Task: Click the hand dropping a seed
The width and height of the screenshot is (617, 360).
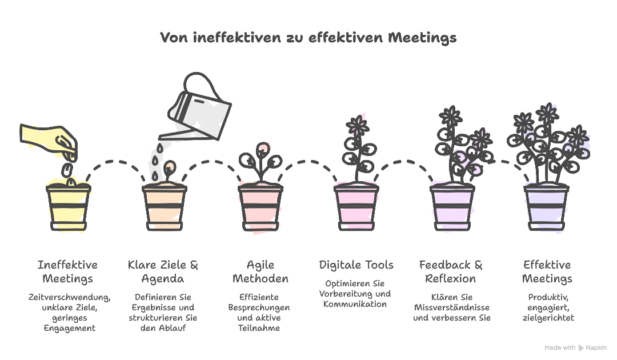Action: click(49, 142)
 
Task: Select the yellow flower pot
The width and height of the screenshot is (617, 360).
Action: click(69, 207)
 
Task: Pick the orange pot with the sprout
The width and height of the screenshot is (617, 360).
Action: click(165, 207)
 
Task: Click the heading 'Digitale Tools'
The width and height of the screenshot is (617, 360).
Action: click(356, 265)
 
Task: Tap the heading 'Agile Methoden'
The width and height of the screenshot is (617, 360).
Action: click(261, 271)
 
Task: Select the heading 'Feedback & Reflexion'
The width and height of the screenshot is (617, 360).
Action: click(451, 271)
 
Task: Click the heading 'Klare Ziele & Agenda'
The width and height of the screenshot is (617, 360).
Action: click(163, 271)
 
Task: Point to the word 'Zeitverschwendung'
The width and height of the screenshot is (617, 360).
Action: click(69, 298)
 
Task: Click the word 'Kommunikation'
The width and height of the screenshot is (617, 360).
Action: click(355, 304)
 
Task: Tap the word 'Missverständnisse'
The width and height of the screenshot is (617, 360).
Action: click(452, 307)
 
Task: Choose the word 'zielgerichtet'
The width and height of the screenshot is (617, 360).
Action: click(548, 318)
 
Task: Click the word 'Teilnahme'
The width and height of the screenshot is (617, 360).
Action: click(259, 328)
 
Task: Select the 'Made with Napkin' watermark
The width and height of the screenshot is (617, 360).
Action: click(575, 348)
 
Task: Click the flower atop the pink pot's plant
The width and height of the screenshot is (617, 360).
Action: click(357, 126)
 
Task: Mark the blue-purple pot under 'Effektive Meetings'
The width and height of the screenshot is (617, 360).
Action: click(546, 207)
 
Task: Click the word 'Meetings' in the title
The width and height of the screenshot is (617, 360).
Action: click(422, 38)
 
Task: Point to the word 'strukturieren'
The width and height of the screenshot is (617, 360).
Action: click(152, 318)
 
